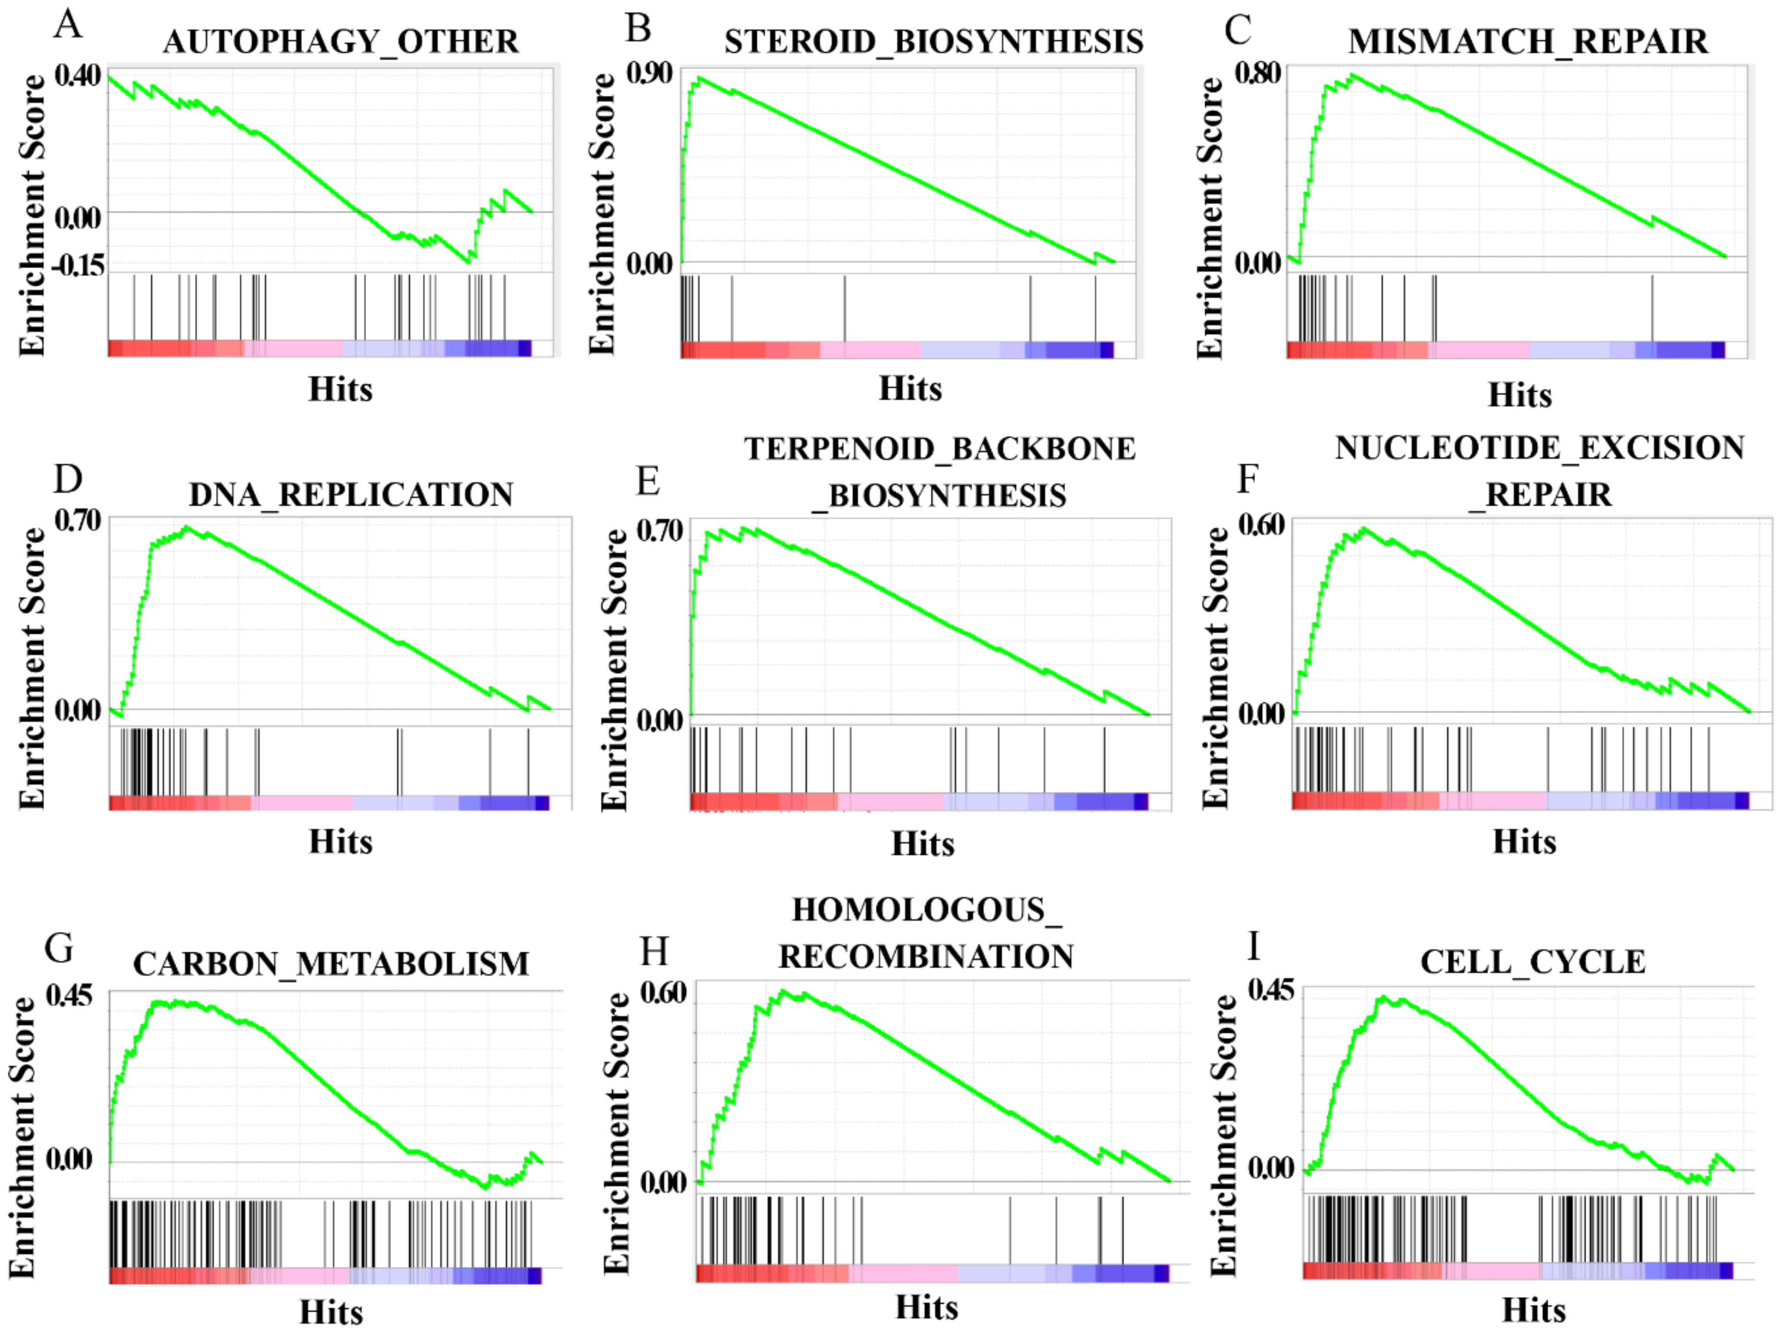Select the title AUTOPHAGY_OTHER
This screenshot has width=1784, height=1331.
pyautogui.click(x=340, y=42)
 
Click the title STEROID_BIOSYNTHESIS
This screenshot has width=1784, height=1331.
pyautogui.click(x=933, y=42)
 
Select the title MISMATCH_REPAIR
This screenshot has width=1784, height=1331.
pyautogui.click(x=1528, y=42)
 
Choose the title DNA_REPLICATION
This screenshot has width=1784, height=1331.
pyautogui.click(x=351, y=495)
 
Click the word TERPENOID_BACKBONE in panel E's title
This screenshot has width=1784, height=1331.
pyautogui.click(x=940, y=449)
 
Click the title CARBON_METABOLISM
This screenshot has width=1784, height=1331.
pyautogui.click(x=331, y=964)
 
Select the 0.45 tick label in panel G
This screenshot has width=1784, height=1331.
pyautogui.click(x=69, y=996)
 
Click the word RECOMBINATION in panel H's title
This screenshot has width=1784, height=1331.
pyautogui.click(x=926, y=956)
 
